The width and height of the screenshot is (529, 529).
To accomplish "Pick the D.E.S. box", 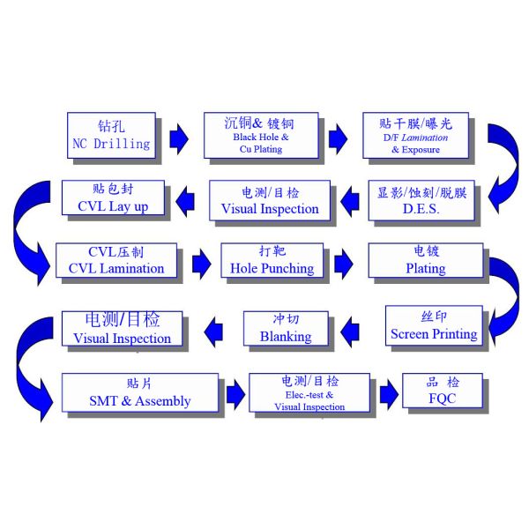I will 421,201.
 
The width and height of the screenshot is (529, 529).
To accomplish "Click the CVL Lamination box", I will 115,261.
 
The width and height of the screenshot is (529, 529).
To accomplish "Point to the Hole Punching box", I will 271,261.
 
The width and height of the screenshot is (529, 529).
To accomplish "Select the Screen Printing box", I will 433,326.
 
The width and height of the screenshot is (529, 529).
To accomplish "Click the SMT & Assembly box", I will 139,393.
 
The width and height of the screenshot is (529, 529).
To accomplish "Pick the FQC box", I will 442,391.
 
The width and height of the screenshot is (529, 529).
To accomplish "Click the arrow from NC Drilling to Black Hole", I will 178,138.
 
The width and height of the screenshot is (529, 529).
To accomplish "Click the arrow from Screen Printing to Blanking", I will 349,330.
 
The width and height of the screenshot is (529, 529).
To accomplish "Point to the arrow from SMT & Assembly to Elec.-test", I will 234,394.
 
